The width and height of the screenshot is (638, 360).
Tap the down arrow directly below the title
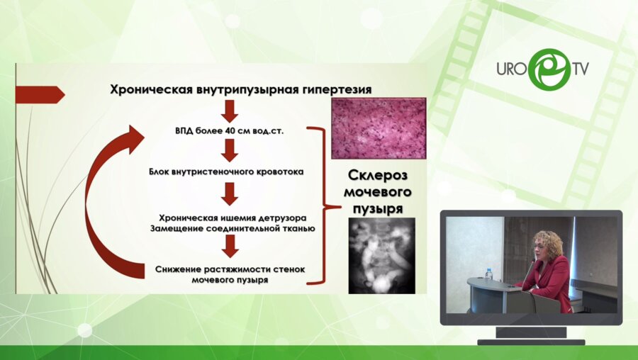coord(228,110)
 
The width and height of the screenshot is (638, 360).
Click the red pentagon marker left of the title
coord(39,94)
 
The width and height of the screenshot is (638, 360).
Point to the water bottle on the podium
coord(488,273)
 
